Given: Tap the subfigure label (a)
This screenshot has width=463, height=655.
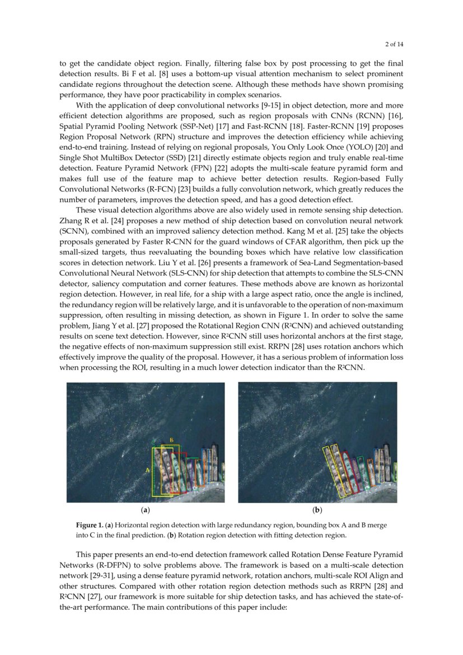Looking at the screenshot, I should (x=146, y=510).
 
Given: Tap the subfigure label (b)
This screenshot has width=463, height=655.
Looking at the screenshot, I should (x=317, y=510).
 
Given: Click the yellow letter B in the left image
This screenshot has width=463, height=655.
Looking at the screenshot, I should (x=171, y=440).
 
